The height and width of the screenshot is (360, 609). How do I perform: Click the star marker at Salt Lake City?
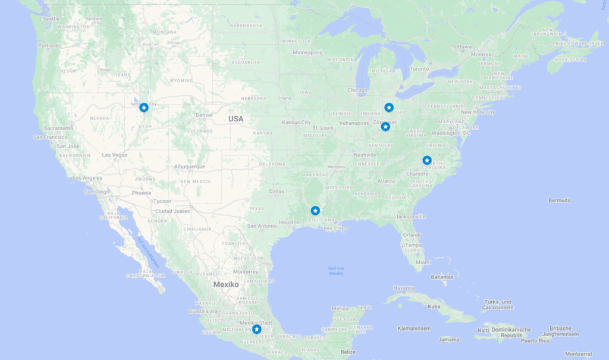click(x=144, y=107)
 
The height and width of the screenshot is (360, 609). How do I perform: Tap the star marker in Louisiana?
click(x=315, y=211)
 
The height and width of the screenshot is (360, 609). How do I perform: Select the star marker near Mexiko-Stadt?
click(x=256, y=329)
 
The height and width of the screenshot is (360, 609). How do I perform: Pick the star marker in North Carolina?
click(x=427, y=160)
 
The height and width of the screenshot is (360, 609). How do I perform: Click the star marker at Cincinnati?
click(x=385, y=127)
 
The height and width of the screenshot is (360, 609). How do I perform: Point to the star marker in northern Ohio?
click(x=389, y=107)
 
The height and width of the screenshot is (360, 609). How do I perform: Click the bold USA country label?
click(x=236, y=119)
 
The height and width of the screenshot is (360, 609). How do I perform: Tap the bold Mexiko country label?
click(x=226, y=284)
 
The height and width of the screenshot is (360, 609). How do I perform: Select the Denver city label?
click(x=204, y=115)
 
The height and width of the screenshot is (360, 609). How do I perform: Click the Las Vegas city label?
click(x=114, y=155)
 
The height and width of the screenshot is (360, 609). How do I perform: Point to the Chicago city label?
click(x=357, y=90)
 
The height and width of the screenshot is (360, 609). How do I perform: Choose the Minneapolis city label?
click(x=308, y=52)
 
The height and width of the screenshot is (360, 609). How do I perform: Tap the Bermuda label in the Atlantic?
click(x=559, y=201)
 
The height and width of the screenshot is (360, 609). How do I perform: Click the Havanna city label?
click(x=404, y=288)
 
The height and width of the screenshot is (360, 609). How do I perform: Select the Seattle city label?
click(x=51, y=18)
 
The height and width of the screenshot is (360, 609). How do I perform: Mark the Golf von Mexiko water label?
click(x=336, y=271)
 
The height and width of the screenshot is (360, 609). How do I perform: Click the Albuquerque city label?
click(x=190, y=167)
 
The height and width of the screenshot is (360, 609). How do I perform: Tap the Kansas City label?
click(x=296, y=123)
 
